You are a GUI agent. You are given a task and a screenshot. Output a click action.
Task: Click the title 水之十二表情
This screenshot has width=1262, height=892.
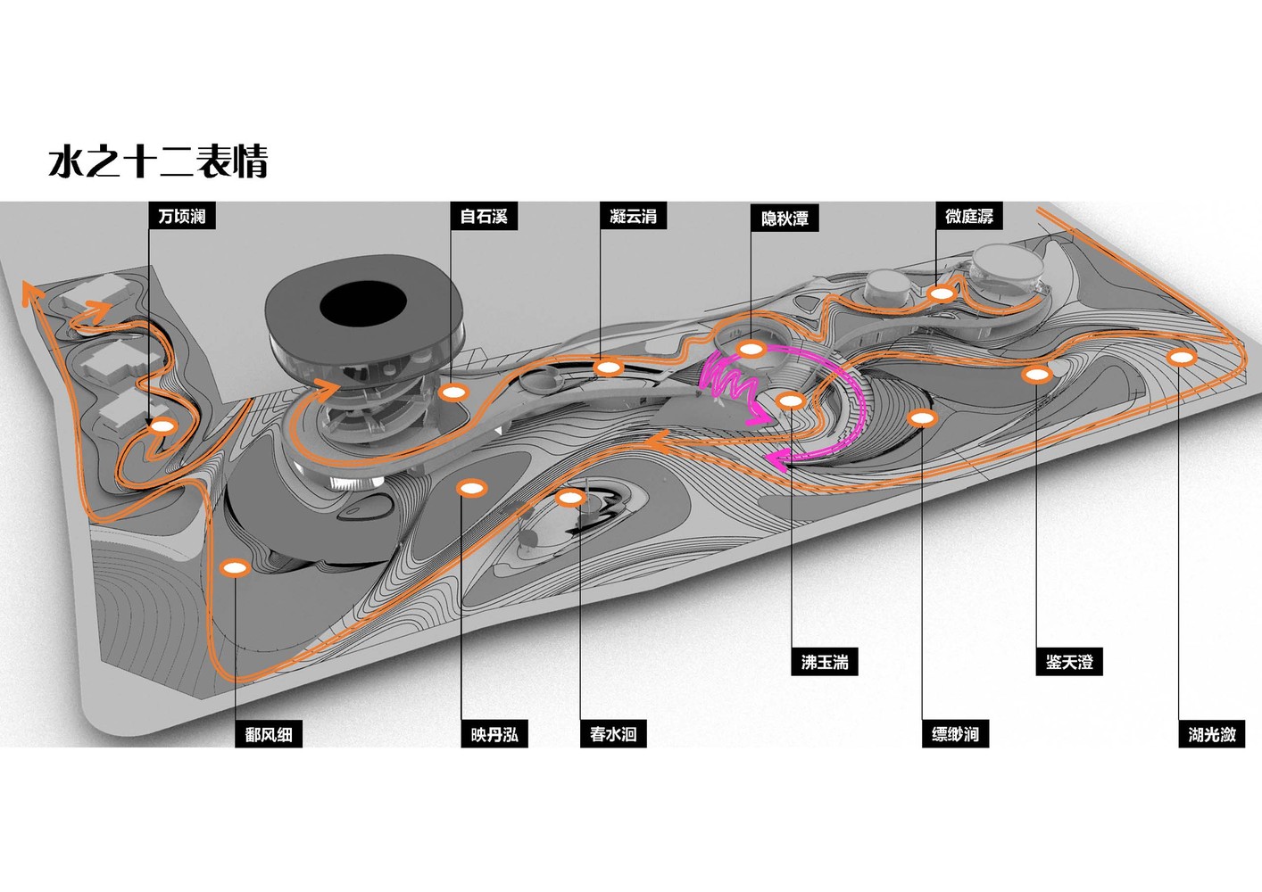pos(158,161)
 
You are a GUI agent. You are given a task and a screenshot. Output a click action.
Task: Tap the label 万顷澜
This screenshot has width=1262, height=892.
pos(182,216)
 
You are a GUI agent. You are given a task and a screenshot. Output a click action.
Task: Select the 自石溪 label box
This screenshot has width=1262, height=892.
pos(484,216)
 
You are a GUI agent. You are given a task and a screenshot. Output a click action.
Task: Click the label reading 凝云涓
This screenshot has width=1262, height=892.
pos(633,216)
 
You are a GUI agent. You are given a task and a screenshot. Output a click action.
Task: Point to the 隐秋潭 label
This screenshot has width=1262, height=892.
pos(785,218)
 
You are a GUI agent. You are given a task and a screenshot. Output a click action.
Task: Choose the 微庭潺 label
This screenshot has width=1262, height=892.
pos(968,216)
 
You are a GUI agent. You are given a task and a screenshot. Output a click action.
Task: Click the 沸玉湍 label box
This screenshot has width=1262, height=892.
pos(824,662)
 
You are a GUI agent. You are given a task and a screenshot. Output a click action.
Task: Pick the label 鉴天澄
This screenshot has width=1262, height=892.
pos(1068,662)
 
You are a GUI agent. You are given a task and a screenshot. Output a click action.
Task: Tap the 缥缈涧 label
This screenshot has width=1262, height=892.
pos(954,734)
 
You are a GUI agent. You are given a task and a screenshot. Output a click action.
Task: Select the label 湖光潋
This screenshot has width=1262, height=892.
pos(1211,734)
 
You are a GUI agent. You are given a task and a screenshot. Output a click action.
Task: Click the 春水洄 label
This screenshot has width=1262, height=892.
pos(612,734)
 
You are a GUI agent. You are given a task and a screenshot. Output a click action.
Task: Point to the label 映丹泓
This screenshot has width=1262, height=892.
pos(494,734)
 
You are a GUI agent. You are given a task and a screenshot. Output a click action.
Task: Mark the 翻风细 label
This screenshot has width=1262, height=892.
pos(269,734)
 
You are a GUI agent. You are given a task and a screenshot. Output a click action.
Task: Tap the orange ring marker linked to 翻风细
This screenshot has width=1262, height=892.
pos(234,568)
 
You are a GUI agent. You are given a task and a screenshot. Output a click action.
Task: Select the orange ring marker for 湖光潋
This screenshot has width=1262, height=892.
pos(1182,358)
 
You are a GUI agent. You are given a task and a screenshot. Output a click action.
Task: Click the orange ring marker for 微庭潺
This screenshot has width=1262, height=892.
pos(941,293)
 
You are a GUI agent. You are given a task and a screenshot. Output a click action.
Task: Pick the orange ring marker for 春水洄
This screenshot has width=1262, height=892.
pos(569,498)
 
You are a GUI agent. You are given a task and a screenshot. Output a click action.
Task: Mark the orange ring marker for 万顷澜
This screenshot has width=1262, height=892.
pos(162,426)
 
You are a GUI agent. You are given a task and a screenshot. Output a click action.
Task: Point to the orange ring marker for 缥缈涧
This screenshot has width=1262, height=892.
pos(921,417)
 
